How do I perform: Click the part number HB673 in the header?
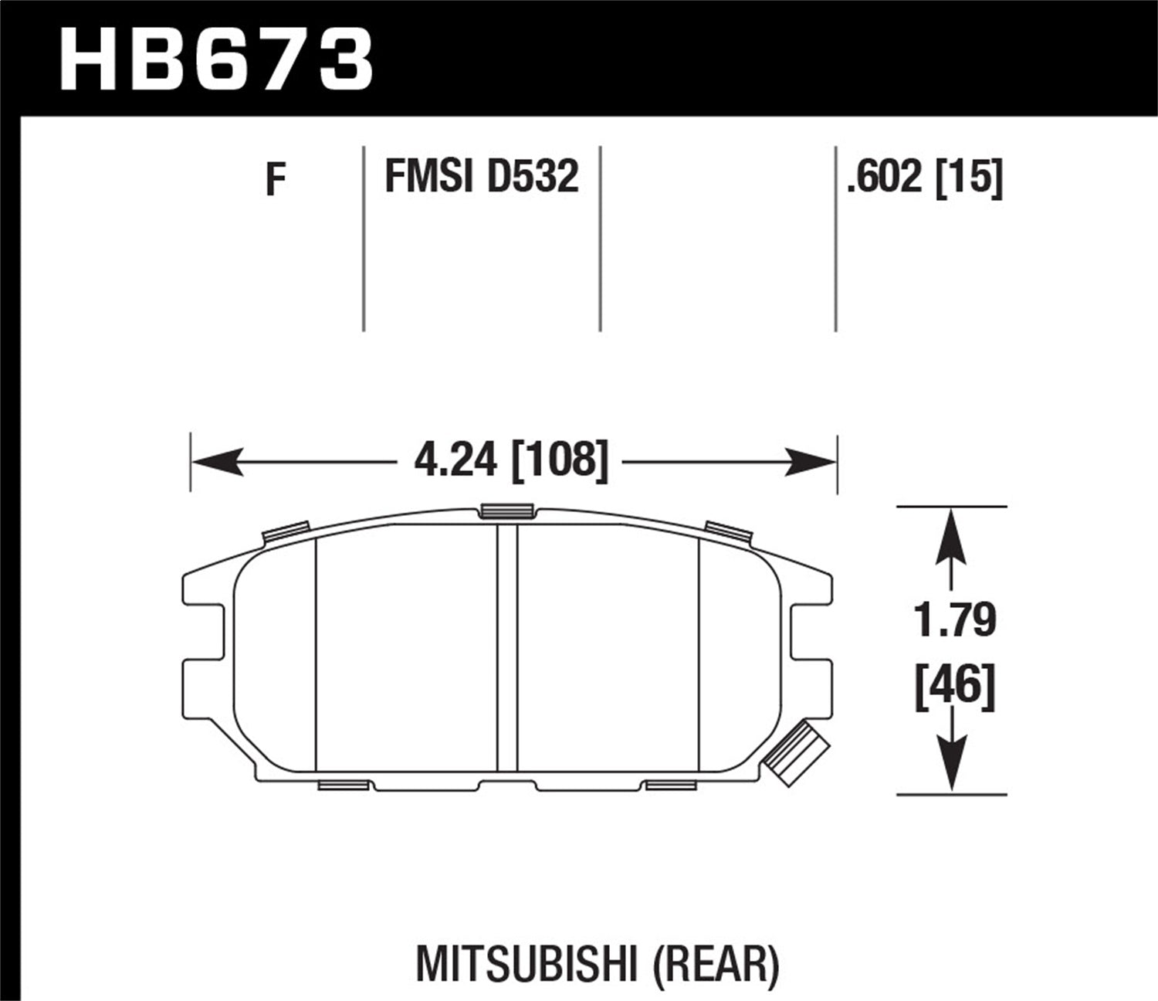click(x=216, y=60)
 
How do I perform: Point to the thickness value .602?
click(x=885, y=177)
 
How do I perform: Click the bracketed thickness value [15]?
click(x=969, y=177)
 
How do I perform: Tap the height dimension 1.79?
click(x=956, y=621)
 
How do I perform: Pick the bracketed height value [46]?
click(x=956, y=687)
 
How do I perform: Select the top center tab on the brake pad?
click(x=506, y=511)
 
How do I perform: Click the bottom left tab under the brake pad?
click(x=342, y=786)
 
